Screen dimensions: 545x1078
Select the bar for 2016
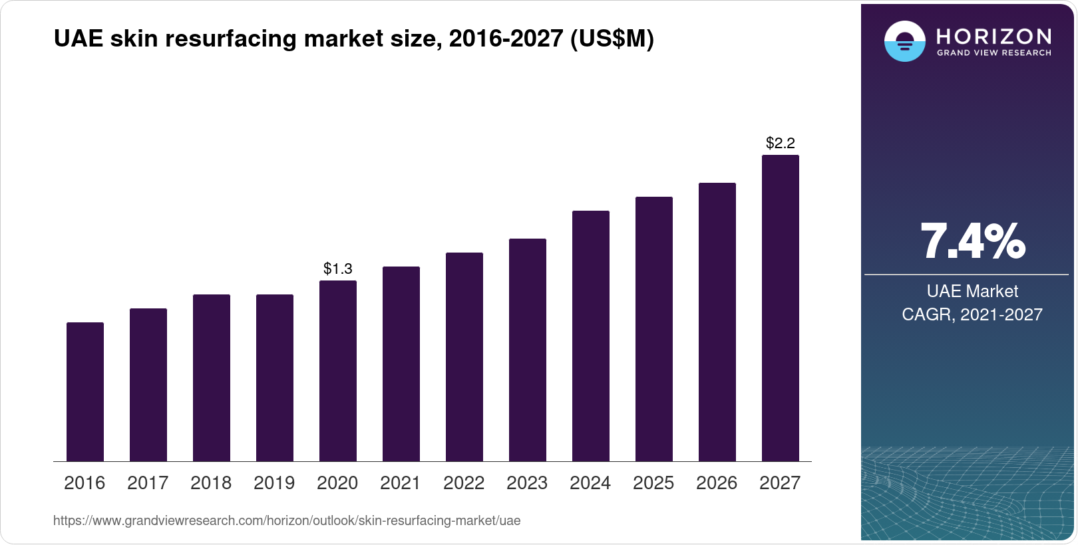(x=85, y=392)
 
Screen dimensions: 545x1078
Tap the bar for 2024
(x=591, y=336)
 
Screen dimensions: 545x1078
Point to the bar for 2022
(x=464, y=357)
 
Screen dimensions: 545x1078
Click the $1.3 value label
(x=338, y=269)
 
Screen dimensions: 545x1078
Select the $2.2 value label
(x=781, y=143)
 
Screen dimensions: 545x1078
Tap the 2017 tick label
(x=148, y=483)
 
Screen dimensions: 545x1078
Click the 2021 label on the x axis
(x=401, y=483)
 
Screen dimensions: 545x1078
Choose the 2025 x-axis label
(x=653, y=483)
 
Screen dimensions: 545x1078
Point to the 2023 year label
(x=527, y=483)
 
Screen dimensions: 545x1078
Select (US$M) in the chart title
(x=612, y=39)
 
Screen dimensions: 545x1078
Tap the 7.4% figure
(x=972, y=241)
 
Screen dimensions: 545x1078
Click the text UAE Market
(x=972, y=291)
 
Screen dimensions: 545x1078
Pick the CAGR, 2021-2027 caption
(x=972, y=314)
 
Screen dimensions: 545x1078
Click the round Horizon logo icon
(x=904, y=41)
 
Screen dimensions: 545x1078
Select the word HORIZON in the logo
(x=994, y=36)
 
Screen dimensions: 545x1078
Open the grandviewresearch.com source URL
(x=287, y=520)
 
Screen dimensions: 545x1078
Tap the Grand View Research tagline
(x=994, y=53)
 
